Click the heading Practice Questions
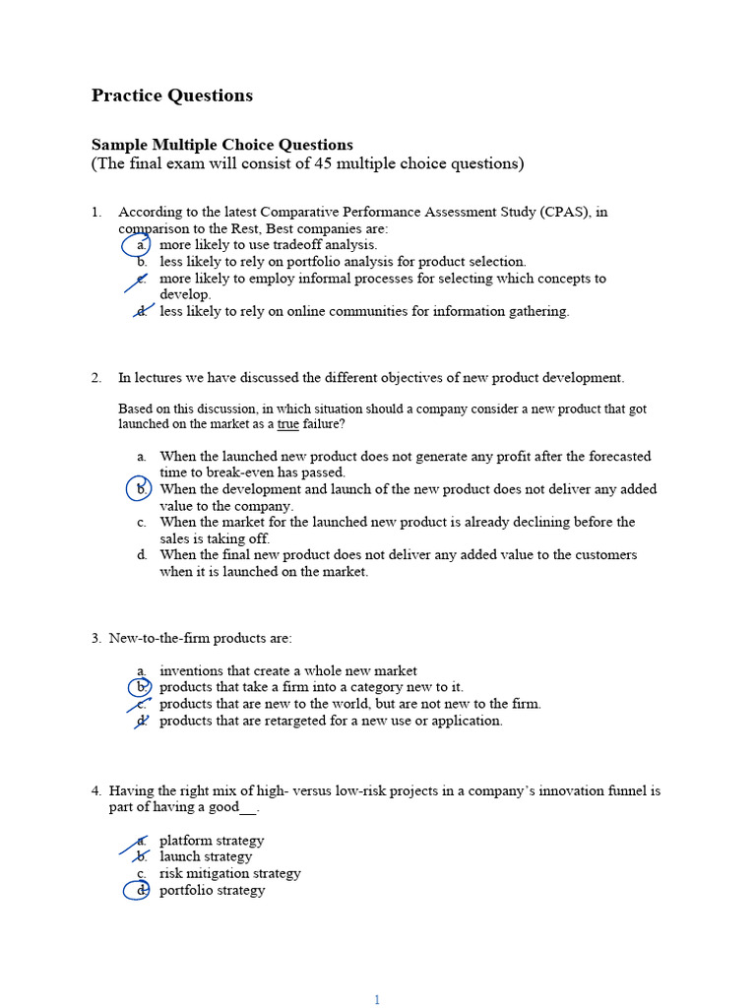point(172,95)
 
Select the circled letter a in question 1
point(141,245)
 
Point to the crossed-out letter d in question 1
point(142,312)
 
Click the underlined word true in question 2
point(287,424)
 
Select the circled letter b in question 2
point(142,489)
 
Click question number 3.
point(96,638)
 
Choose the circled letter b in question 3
point(142,687)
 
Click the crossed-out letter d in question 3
point(142,721)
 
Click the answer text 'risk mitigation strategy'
point(230,873)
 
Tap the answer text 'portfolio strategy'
point(212,890)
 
